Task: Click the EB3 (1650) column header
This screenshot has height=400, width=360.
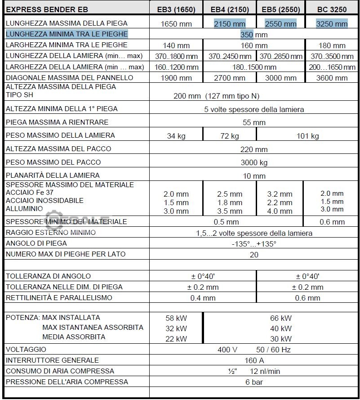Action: pyautogui.click(x=176, y=9)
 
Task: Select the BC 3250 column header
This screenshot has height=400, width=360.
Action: pyautogui.click(x=332, y=9)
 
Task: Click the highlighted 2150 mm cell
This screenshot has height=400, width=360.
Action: pyautogui.click(x=230, y=24)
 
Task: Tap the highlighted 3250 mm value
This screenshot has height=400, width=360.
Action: pyautogui.click(x=332, y=24)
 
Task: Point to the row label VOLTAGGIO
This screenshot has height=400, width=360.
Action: pyautogui.click(x=26, y=349)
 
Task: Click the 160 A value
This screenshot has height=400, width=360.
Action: pyautogui.click(x=254, y=360)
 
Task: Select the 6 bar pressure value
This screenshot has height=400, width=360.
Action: pyautogui.click(x=254, y=382)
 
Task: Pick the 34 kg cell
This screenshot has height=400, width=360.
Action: pyautogui.click(x=176, y=136)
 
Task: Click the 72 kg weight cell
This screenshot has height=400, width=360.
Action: pyautogui.click(x=230, y=136)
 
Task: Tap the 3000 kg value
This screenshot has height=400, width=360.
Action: pyautogui.click(x=254, y=162)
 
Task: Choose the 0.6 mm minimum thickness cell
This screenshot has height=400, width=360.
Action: pyautogui.click(x=332, y=222)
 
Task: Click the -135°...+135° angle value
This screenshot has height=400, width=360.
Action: pyautogui.click(x=254, y=244)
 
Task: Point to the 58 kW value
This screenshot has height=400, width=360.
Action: pyautogui.click(x=176, y=318)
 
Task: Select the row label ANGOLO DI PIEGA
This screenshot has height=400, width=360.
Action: pyautogui.click(x=36, y=243)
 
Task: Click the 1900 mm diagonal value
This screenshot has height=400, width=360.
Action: pyautogui.click(x=176, y=78)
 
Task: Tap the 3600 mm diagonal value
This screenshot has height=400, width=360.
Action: pyautogui.click(x=332, y=78)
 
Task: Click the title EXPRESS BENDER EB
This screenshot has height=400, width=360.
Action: pyautogui.click(x=47, y=9)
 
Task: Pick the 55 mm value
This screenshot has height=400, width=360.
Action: pyautogui.click(x=254, y=122)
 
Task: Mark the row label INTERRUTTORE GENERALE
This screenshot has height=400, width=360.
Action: pyautogui.click(x=52, y=360)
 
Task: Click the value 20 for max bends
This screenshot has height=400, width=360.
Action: pyautogui.click(x=254, y=255)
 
